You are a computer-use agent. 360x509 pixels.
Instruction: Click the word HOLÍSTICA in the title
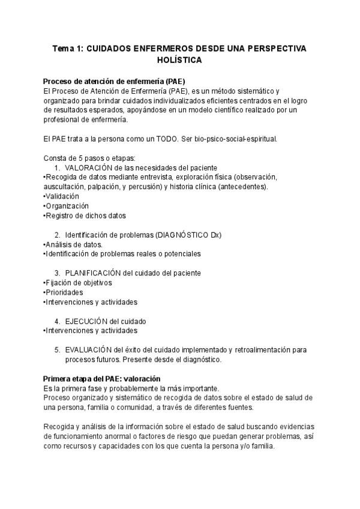179,61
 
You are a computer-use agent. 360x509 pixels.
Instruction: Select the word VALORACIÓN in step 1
89,167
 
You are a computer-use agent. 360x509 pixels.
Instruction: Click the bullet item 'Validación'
62,196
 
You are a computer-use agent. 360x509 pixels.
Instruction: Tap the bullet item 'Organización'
67,206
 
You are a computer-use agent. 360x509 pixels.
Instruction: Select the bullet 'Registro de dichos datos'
85,215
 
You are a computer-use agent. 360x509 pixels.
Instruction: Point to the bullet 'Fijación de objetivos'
79,283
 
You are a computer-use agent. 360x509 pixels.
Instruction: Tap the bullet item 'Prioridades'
65,292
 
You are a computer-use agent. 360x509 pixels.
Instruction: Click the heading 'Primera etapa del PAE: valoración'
102,379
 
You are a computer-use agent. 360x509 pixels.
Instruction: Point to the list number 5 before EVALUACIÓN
57,350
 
